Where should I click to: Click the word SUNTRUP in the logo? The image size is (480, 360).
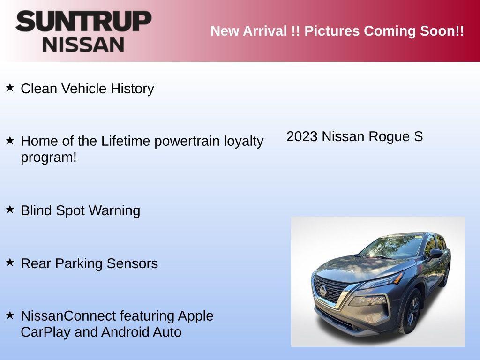[83, 22]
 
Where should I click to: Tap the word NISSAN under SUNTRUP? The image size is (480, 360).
[83, 44]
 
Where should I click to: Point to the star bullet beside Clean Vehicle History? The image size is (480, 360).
[10, 87]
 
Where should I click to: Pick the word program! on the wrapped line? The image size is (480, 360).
[48, 157]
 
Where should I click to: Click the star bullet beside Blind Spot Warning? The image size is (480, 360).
[10, 209]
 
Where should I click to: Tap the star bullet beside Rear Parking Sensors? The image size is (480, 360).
[10, 262]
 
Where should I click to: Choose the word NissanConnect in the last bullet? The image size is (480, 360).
[68, 316]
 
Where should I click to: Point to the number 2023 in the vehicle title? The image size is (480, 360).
[302, 136]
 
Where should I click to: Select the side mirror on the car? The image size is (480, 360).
[435, 254]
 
